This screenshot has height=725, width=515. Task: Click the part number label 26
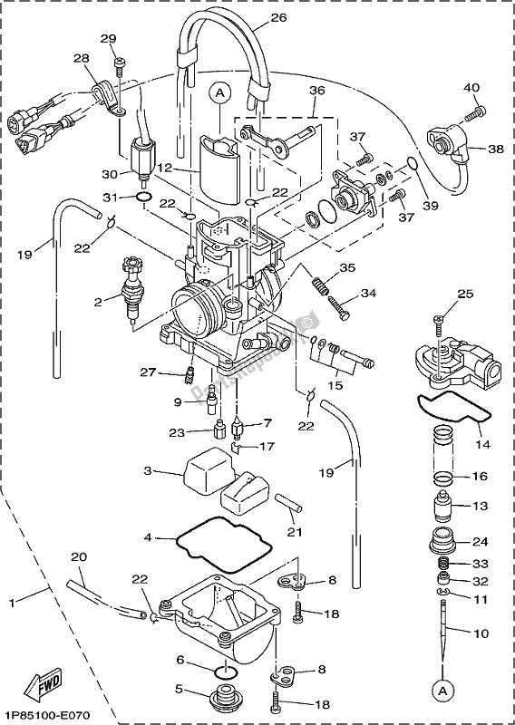(278, 16)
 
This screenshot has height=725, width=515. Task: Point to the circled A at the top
(218, 91)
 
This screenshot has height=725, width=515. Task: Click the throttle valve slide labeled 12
(219, 168)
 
